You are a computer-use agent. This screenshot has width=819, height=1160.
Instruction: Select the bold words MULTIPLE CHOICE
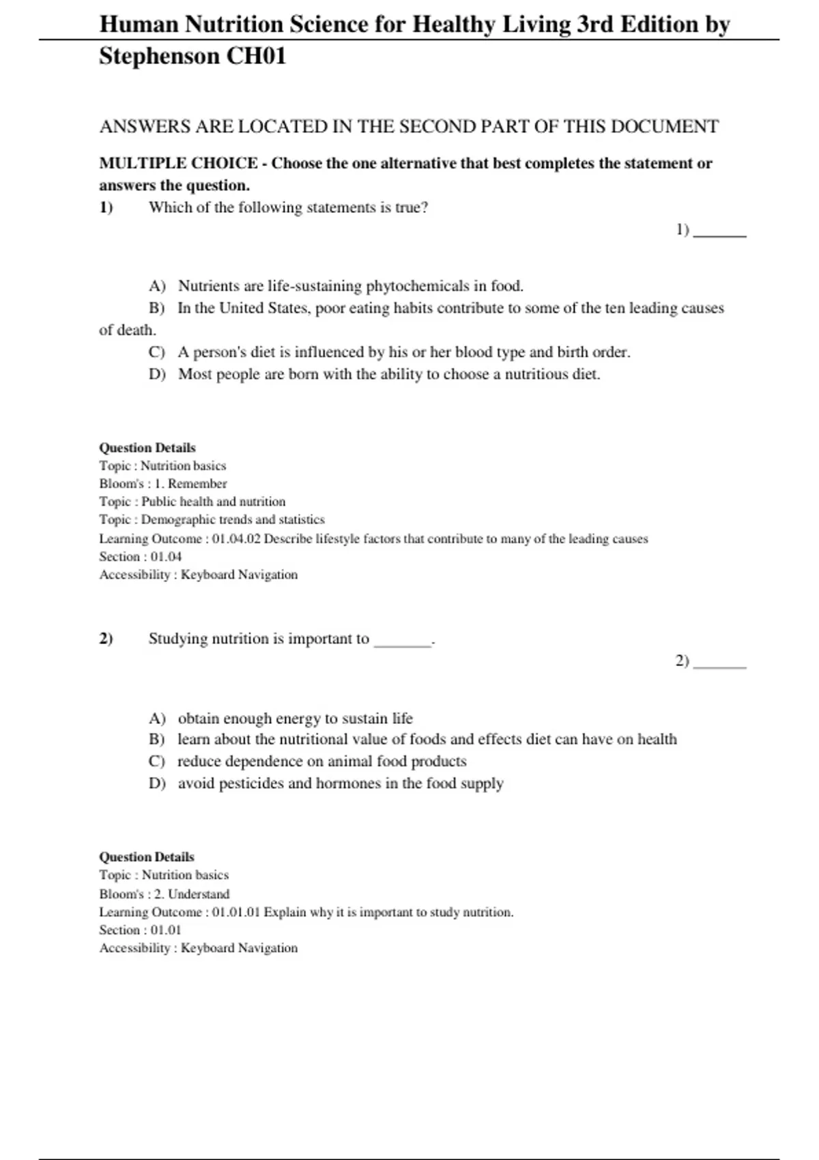[179, 164]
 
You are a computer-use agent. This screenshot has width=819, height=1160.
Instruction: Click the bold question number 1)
[106, 207]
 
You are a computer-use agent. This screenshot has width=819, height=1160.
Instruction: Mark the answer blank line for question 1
[720, 235]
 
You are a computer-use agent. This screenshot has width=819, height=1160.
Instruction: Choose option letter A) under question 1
[157, 286]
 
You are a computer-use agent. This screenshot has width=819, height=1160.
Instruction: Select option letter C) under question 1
[157, 352]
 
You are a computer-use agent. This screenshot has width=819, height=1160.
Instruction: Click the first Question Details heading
[147, 448]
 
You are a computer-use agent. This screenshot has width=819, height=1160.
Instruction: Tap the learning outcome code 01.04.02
[236, 539]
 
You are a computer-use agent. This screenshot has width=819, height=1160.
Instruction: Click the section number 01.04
[166, 557]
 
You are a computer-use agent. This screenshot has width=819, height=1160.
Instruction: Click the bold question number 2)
[106, 639]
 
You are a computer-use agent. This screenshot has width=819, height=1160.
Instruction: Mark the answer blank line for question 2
[720, 666]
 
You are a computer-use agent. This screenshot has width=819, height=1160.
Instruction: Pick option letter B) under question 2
[157, 740]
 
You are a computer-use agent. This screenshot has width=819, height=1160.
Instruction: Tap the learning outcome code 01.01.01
[236, 912]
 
